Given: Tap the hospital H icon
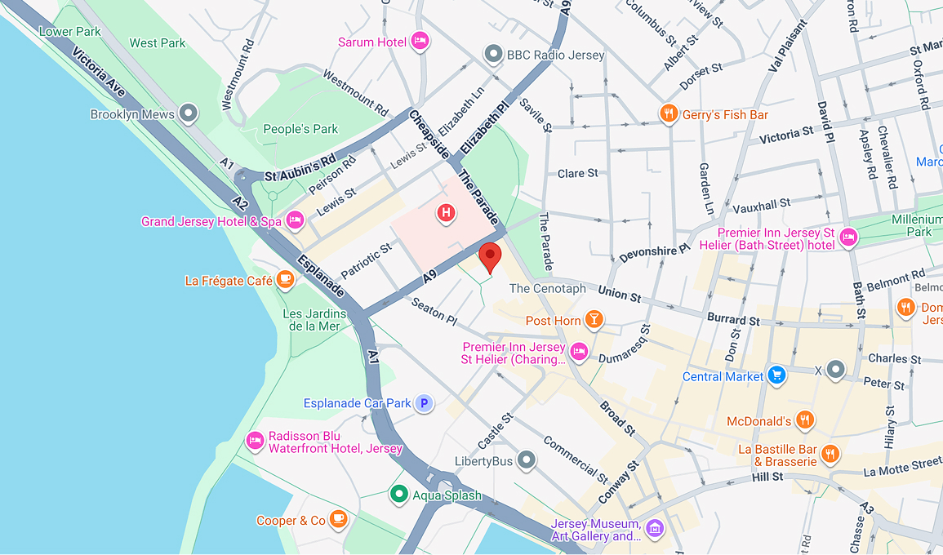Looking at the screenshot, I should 446,214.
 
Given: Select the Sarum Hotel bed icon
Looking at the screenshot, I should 420,42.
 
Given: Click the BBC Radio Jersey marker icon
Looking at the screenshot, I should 493,55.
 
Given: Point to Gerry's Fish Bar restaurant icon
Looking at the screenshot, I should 669,114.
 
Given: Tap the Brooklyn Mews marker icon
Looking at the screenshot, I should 189,114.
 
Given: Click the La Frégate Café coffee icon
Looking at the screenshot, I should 284,280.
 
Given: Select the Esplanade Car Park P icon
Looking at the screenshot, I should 423,403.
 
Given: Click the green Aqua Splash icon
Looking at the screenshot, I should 398,495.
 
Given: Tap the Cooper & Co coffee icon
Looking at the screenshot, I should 339,520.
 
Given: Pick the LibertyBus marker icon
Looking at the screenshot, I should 527,461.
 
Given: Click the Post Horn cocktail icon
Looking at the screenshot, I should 594,320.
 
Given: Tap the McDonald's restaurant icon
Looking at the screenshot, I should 805,420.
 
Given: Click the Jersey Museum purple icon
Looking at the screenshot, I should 655,529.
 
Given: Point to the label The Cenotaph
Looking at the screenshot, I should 547,288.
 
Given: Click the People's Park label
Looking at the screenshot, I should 300,129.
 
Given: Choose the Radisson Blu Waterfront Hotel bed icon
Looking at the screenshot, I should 255,441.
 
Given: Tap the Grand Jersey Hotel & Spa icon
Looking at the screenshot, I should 296,220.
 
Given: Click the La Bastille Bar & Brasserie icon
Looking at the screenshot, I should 831,454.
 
